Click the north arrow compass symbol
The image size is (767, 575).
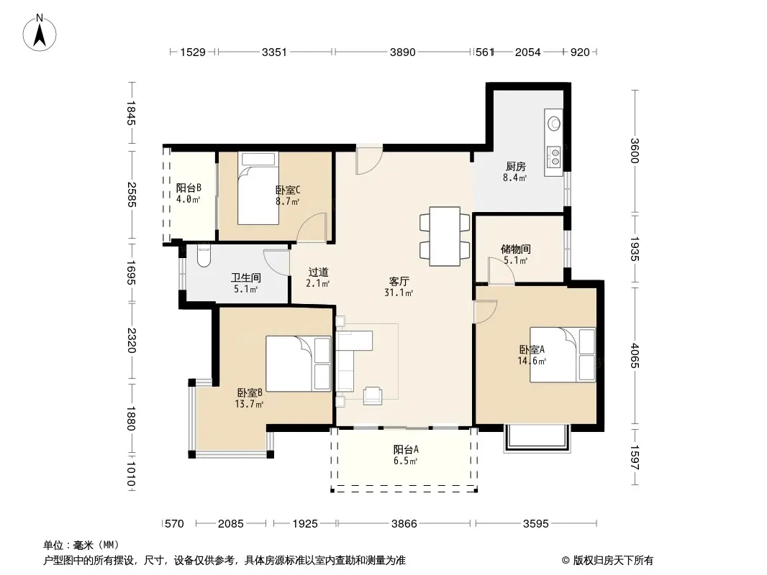40,33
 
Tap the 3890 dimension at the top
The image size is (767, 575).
403,52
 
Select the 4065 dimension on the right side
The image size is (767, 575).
635,356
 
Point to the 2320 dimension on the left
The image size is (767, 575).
131,340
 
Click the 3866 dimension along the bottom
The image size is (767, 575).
404,524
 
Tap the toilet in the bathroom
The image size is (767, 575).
204,255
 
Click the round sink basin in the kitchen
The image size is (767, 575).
554,124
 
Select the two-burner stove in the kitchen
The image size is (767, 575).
555,157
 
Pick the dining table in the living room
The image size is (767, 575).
445,236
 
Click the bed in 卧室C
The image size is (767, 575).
258,188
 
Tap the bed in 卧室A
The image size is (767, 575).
563,354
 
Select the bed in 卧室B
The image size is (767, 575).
299,364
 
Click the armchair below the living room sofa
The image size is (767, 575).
373,396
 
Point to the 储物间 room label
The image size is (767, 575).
516,249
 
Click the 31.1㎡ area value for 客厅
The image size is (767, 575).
399,293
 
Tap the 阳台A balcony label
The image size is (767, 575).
406,449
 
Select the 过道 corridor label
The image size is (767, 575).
318,272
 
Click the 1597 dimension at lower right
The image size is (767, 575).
635,457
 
